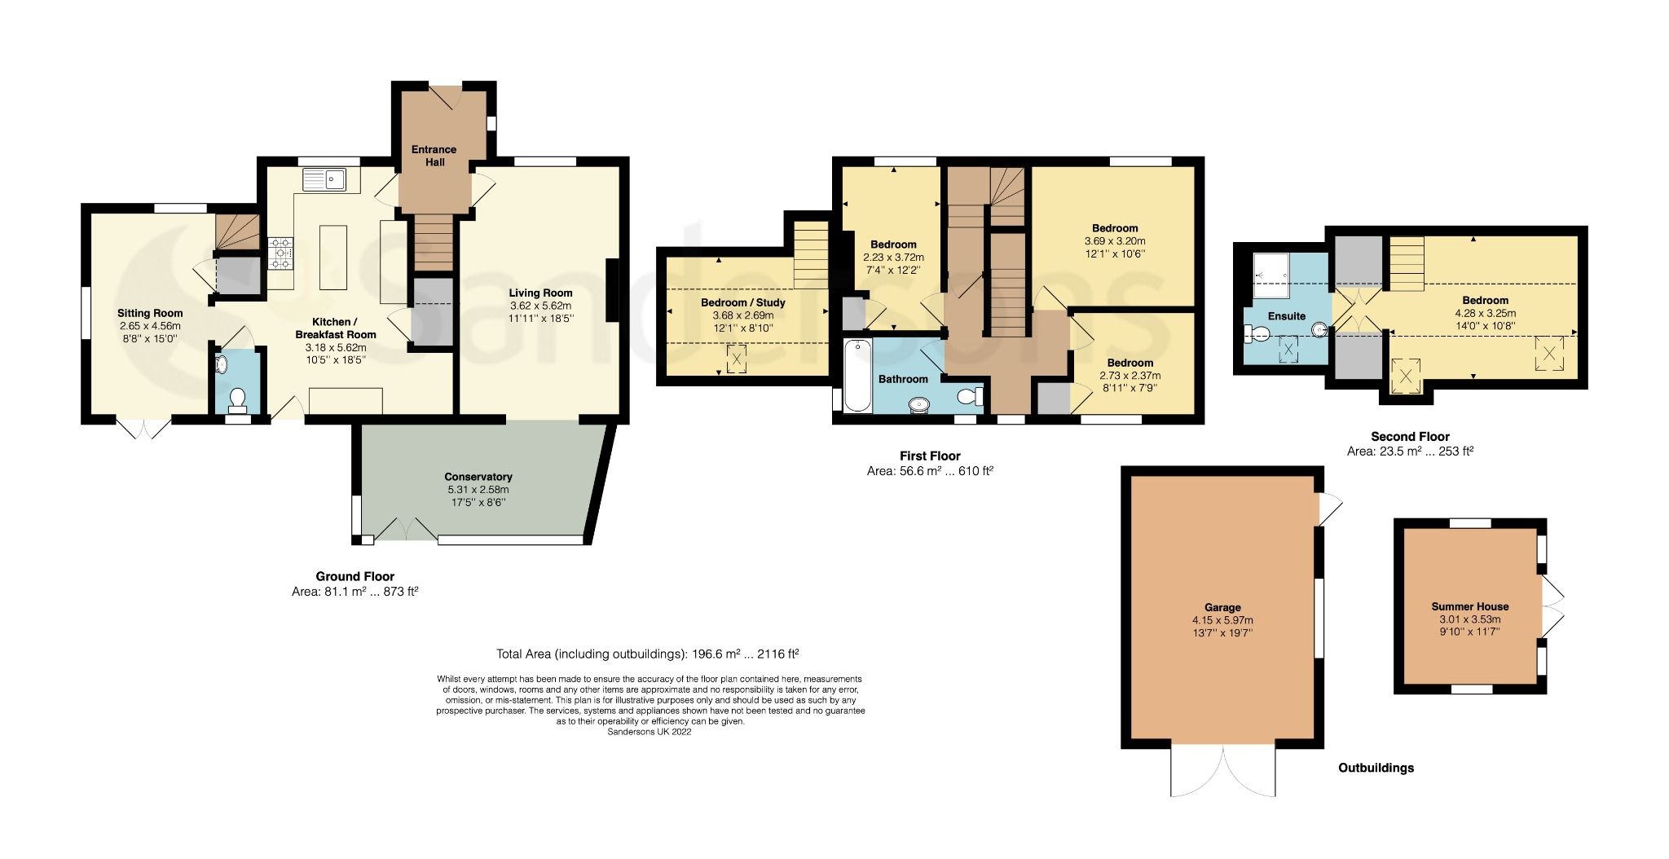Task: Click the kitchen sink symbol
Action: click(x=324, y=179)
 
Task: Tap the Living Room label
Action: click(x=540, y=293)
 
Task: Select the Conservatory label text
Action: click(x=478, y=477)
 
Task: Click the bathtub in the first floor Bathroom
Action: click(x=857, y=375)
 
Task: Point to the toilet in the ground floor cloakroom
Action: click(x=237, y=398)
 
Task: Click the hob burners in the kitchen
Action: click(x=280, y=253)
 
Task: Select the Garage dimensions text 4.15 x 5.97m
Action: click(x=1222, y=620)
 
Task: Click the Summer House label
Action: click(x=1469, y=606)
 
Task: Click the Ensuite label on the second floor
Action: click(x=1286, y=316)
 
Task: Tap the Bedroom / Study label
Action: click(x=742, y=302)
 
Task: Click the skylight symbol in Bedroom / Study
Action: click(x=737, y=359)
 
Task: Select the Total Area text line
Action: click(x=647, y=654)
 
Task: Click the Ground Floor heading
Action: click(x=354, y=576)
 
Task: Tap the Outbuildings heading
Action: click(x=1376, y=768)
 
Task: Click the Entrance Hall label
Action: click(x=434, y=156)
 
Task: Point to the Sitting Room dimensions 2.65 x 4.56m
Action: click(x=150, y=326)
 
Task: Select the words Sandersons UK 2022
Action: click(x=650, y=732)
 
